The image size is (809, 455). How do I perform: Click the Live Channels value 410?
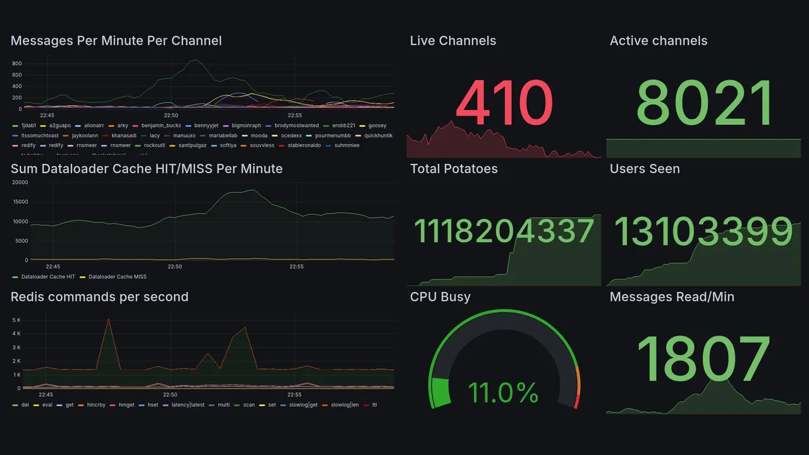tap(504, 103)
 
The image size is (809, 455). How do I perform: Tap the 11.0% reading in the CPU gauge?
tap(503, 392)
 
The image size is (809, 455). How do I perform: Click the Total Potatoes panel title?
tap(454, 169)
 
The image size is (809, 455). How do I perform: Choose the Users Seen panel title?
tap(645, 169)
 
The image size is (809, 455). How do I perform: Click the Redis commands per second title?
tap(99, 297)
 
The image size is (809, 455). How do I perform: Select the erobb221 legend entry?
tap(343, 126)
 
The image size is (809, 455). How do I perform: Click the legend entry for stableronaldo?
tap(304, 145)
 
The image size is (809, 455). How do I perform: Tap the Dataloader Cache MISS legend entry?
tap(117, 277)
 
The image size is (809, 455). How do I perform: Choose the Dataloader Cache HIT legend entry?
tap(47, 277)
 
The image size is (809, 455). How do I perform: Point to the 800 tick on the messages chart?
tap(17, 64)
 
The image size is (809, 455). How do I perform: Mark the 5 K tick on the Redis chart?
tap(17, 320)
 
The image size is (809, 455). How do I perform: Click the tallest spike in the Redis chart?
tap(109, 319)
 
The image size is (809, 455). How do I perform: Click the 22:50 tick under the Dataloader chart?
tap(174, 267)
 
